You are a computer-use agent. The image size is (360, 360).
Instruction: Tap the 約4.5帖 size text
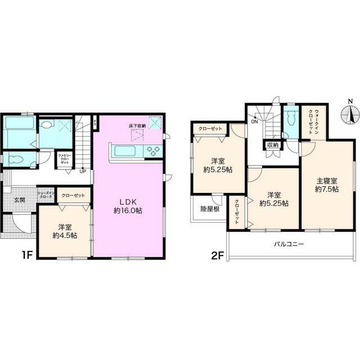[x=63, y=236]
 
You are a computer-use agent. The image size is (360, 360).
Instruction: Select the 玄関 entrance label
[x=20, y=200]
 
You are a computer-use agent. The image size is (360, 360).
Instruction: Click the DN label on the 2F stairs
[x=254, y=120]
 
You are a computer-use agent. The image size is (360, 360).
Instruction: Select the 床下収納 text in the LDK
[x=136, y=125]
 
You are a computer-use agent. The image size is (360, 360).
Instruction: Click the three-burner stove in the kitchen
[x=154, y=150]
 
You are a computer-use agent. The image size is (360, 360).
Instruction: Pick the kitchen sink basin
[x=122, y=150]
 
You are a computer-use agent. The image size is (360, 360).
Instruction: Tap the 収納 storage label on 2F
[x=273, y=145]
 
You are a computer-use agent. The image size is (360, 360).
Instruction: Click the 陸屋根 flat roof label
[x=210, y=209]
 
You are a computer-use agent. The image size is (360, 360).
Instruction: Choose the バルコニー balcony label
[x=289, y=244]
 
